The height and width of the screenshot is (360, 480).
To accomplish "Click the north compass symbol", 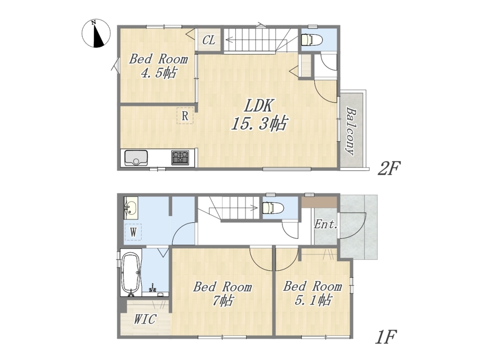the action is (x=96, y=33).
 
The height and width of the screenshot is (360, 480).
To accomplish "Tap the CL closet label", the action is (x=209, y=40).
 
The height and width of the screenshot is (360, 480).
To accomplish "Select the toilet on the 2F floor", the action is (x=311, y=39).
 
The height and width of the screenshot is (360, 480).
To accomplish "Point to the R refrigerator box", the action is (x=185, y=115).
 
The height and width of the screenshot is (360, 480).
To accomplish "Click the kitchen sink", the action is (x=136, y=158).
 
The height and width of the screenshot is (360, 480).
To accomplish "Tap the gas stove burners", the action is (x=180, y=157).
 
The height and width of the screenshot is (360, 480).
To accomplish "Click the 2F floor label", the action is (x=389, y=168).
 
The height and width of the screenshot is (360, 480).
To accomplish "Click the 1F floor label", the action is (x=386, y=337).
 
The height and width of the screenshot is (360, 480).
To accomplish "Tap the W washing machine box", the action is (x=133, y=232).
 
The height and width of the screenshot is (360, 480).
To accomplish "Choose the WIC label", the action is (x=145, y=319).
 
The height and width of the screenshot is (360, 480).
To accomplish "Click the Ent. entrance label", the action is (x=326, y=225).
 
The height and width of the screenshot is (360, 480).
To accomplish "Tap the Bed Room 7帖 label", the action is (x=222, y=294).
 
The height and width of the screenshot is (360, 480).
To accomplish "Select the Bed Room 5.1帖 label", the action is (x=312, y=293).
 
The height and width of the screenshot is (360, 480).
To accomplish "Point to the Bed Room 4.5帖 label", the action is (x=158, y=66).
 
